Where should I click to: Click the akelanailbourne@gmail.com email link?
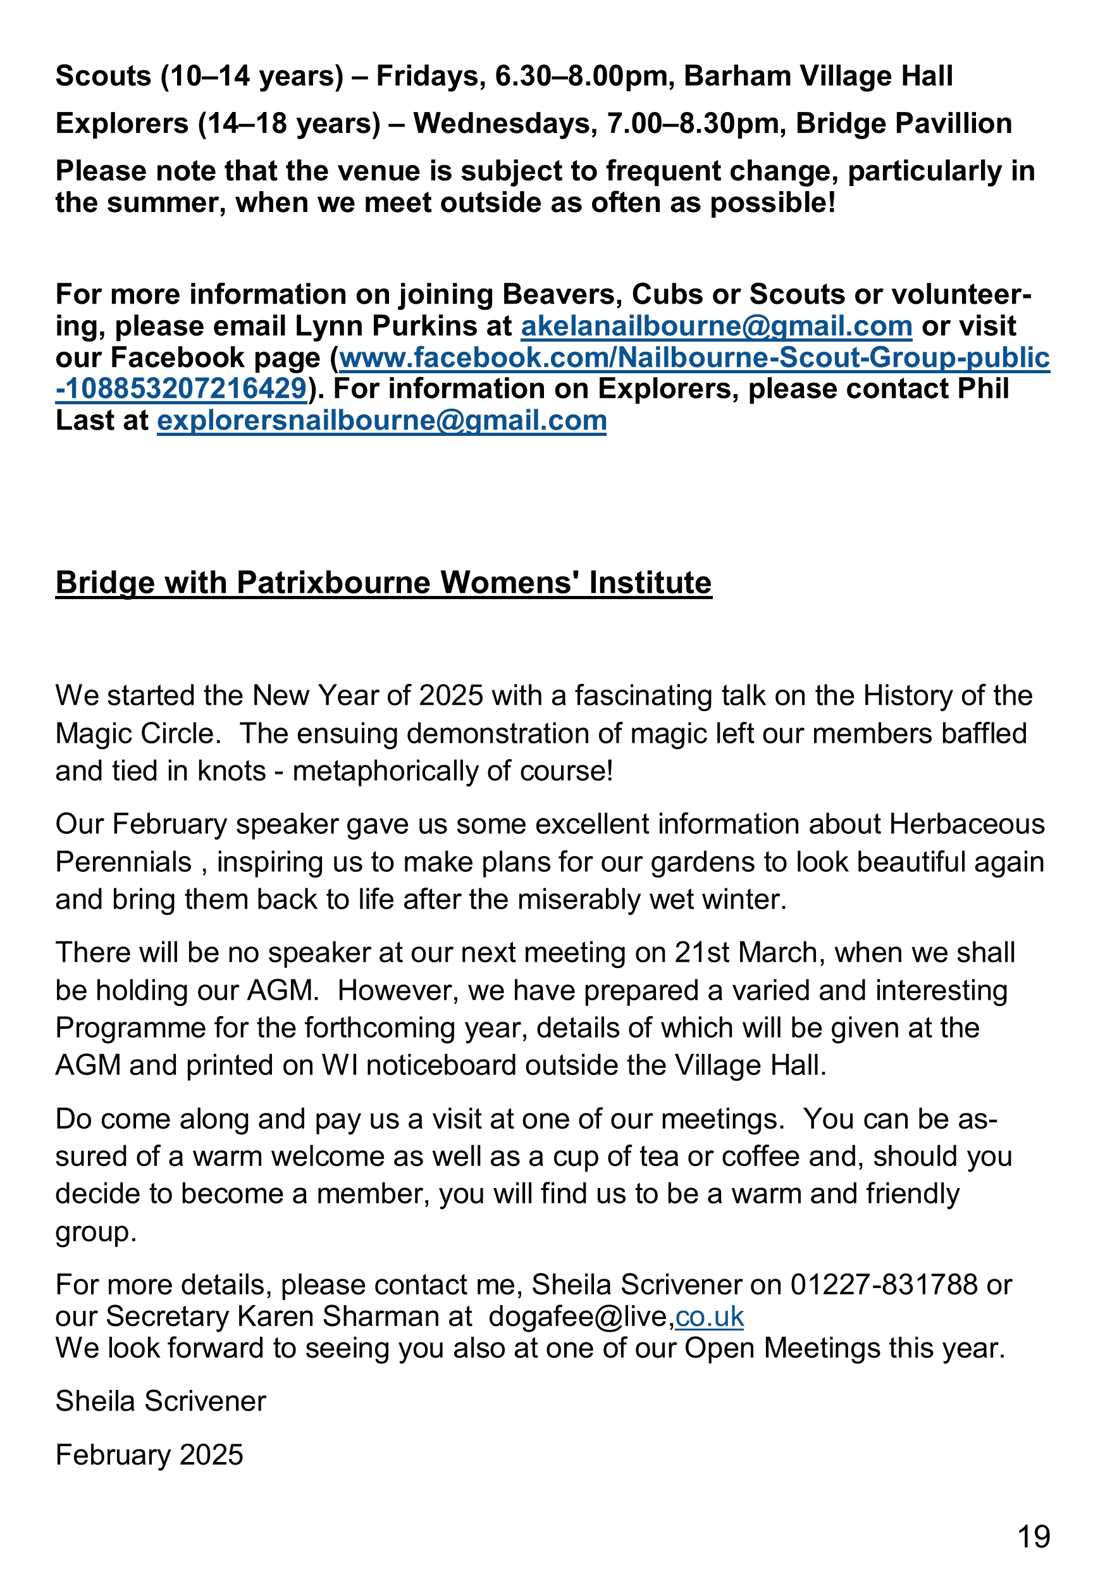tap(716, 326)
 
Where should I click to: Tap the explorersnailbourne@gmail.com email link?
tap(381, 420)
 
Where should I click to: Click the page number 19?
tap(1034, 1537)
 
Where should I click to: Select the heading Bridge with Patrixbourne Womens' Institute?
tap(383, 583)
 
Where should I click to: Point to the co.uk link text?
tap(708, 1316)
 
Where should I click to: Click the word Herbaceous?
tap(967, 824)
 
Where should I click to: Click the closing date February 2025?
tap(149, 1455)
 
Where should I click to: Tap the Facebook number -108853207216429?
tap(181, 389)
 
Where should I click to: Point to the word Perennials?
tap(123, 862)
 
